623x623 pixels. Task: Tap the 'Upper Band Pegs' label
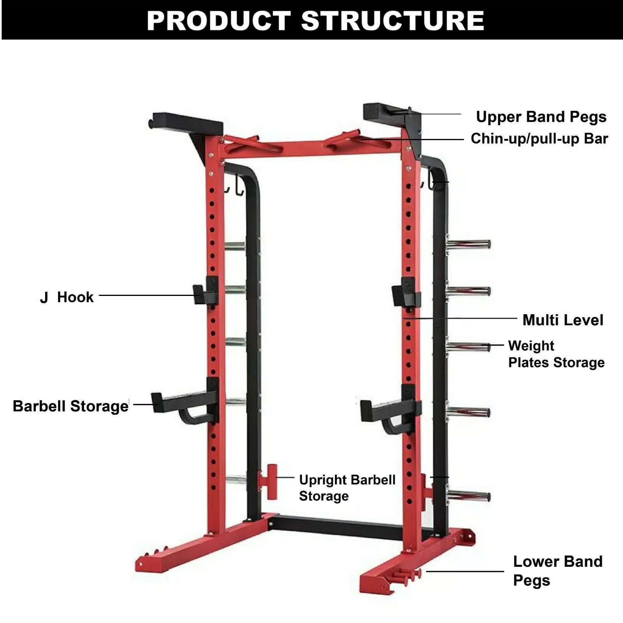tap(541, 117)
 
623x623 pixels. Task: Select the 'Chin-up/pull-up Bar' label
tap(539, 139)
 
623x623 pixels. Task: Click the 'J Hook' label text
tap(67, 297)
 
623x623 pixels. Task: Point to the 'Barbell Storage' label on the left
tap(70, 406)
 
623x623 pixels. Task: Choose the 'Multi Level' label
tap(563, 320)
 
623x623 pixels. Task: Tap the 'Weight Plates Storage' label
tap(556, 354)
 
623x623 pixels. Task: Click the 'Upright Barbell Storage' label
tap(347, 488)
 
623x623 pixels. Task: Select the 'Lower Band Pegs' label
tap(558, 571)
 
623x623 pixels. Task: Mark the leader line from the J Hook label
tap(146, 296)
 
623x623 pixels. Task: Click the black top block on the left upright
tap(187, 121)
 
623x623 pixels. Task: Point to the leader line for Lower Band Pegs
tap(465, 572)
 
